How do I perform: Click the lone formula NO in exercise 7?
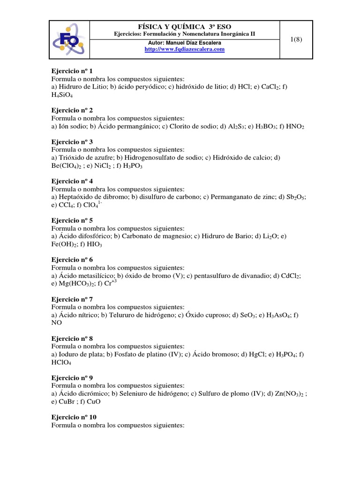pyautogui.click(x=56, y=323)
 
